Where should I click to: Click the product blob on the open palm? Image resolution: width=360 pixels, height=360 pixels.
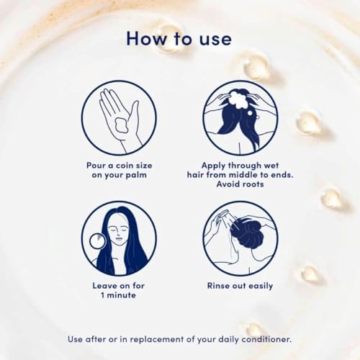click(122, 125)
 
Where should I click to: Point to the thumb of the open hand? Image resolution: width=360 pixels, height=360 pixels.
click(134, 114)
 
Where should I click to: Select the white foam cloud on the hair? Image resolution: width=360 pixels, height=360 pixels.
click(239, 99)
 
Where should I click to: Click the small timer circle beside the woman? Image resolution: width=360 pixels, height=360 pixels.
click(97, 241)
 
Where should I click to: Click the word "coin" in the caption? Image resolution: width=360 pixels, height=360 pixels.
click(125, 166)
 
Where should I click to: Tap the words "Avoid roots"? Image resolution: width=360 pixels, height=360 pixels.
click(240, 184)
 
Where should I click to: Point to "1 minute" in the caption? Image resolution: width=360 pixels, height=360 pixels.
click(118, 295)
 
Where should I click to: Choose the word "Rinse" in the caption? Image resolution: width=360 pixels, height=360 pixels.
click(219, 286)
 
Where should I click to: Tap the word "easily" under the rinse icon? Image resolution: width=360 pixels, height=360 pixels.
click(261, 286)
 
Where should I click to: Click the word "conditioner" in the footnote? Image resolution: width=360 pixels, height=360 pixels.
click(266, 339)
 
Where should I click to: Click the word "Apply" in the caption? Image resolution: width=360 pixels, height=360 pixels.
click(214, 166)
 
